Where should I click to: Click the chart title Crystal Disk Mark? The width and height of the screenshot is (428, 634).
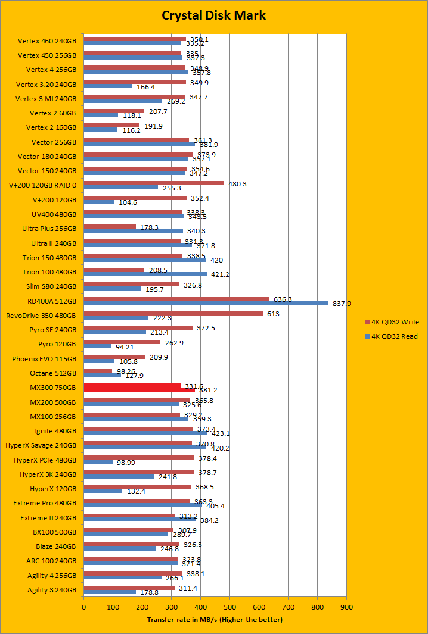(214, 15)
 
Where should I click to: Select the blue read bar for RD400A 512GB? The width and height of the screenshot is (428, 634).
(206, 302)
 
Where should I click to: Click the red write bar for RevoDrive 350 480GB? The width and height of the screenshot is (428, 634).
(173, 313)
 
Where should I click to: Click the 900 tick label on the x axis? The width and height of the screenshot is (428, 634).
(346, 608)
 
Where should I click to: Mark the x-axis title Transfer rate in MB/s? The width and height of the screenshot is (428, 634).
(215, 620)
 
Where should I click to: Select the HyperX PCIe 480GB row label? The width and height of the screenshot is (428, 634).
(45, 460)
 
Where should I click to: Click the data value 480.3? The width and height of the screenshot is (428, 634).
(237, 184)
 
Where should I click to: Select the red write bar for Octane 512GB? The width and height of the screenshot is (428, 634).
(98, 371)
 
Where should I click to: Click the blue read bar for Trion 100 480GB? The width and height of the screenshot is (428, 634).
(145, 274)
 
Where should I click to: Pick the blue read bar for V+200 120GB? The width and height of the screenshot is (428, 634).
(99, 202)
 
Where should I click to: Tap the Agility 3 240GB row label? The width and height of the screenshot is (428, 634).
(52, 590)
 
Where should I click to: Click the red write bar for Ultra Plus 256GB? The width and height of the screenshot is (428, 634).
(110, 226)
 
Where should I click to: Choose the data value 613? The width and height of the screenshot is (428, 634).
(273, 313)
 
